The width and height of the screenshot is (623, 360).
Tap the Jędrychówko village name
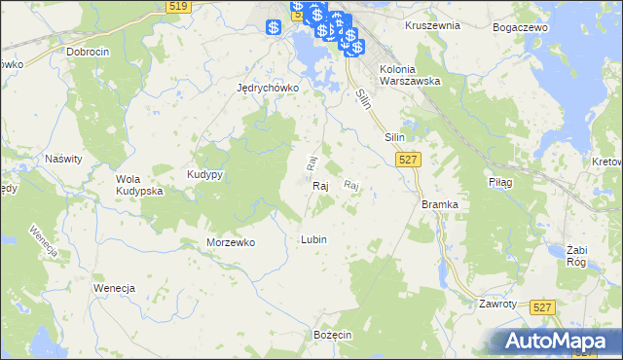[x=267, y=87]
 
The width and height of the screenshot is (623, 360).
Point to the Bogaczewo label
[x=519, y=26]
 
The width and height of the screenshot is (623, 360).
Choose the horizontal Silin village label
[x=394, y=137]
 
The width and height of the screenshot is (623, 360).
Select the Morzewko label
[x=231, y=242]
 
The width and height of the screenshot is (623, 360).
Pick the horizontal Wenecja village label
[x=113, y=289]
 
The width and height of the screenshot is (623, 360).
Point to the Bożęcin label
[x=332, y=334]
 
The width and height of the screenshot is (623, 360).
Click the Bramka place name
[x=440, y=204]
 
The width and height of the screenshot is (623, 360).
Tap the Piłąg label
[x=498, y=182]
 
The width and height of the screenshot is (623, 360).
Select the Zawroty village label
[x=497, y=304]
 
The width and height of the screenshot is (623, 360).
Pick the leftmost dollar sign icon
[x=274, y=26]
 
